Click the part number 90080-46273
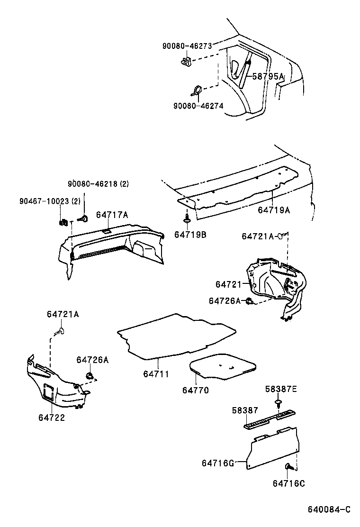(187, 46)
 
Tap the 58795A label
(267, 76)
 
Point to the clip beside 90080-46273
(186, 61)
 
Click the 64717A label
(112, 215)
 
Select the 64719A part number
(274, 209)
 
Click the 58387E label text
(280, 389)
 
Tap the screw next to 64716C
(288, 468)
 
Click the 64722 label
(52, 418)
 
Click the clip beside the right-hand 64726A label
(250, 301)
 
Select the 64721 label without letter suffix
(229, 284)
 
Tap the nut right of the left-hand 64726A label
(89, 376)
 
